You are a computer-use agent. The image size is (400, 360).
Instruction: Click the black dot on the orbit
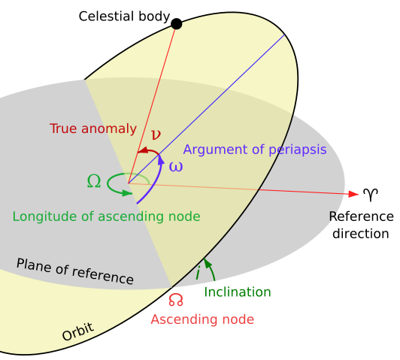[x=177, y=24]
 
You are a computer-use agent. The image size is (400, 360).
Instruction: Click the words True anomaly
[x=93, y=129]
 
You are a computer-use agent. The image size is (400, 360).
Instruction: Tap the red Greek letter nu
[x=156, y=135]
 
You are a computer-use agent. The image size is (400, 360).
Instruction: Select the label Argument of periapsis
[x=255, y=150]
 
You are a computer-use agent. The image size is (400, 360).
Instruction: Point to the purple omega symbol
[x=176, y=167]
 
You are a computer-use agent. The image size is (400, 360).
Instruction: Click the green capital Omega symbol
[x=94, y=181]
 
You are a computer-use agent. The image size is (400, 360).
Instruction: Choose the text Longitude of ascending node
[x=106, y=217]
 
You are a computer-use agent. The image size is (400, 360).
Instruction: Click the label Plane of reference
[x=75, y=271]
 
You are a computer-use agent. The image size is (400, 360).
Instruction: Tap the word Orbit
[x=78, y=331]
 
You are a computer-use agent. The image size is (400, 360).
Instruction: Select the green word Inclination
[x=238, y=292]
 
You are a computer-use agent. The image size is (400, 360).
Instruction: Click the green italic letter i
[x=198, y=273]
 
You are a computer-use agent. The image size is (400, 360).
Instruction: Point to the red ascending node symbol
[x=176, y=300]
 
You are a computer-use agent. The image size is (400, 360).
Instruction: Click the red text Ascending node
[x=202, y=320]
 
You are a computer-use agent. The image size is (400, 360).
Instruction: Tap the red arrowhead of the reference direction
[x=353, y=194]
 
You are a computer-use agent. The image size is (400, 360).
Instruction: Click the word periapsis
[x=298, y=150]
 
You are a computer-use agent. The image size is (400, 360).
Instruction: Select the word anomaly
[x=109, y=129]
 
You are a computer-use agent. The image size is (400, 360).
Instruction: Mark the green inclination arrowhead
[x=207, y=264]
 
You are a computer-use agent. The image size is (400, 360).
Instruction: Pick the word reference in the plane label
[x=105, y=276]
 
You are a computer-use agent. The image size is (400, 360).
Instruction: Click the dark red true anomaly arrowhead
[x=141, y=151]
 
